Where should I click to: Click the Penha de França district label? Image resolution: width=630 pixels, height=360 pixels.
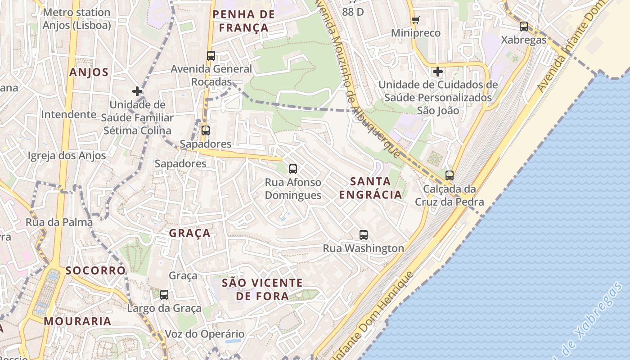click(x=243, y=21)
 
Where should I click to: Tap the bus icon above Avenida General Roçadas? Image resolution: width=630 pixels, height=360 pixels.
click(x=211, y=56)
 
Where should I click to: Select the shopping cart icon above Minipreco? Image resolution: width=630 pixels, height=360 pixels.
click(x=415, y=20)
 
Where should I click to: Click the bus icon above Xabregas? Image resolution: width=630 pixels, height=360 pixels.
click(x=524, y=27)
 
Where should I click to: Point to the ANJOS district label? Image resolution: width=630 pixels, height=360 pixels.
click(x=89, y=72)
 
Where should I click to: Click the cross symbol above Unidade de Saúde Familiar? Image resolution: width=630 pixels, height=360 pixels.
click(x=137, y=91)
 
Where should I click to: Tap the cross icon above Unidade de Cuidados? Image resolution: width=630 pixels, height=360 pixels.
click(x=438, y=72)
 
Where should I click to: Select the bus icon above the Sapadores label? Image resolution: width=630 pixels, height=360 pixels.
click(x=206, y=130)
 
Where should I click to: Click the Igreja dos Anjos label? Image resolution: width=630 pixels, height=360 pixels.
click(x=67, y=156)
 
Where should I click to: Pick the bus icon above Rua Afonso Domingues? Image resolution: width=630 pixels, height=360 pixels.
click(x=293, y=169)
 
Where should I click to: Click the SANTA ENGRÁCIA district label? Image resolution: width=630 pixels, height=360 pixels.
click(x=370, y=188)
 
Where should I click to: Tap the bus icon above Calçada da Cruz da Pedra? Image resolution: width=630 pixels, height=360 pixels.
click(x=449, y=175)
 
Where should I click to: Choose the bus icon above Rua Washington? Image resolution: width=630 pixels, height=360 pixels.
click(x=364, y=234)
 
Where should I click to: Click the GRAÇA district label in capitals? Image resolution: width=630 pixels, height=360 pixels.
click(x=190, y=233)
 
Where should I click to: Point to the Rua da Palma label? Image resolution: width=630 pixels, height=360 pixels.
click(x=59, y=222)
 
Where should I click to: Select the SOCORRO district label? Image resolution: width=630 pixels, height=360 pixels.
click(x=95, y=270)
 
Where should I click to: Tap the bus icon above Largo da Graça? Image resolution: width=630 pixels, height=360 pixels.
click(x=164, y=295)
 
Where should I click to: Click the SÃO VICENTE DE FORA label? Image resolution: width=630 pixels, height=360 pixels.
click(x=262, y=289)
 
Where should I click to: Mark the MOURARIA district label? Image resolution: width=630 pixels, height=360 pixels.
click(x=77, y=321)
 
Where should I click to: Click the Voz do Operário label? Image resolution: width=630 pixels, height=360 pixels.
click(x=205, y=334)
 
